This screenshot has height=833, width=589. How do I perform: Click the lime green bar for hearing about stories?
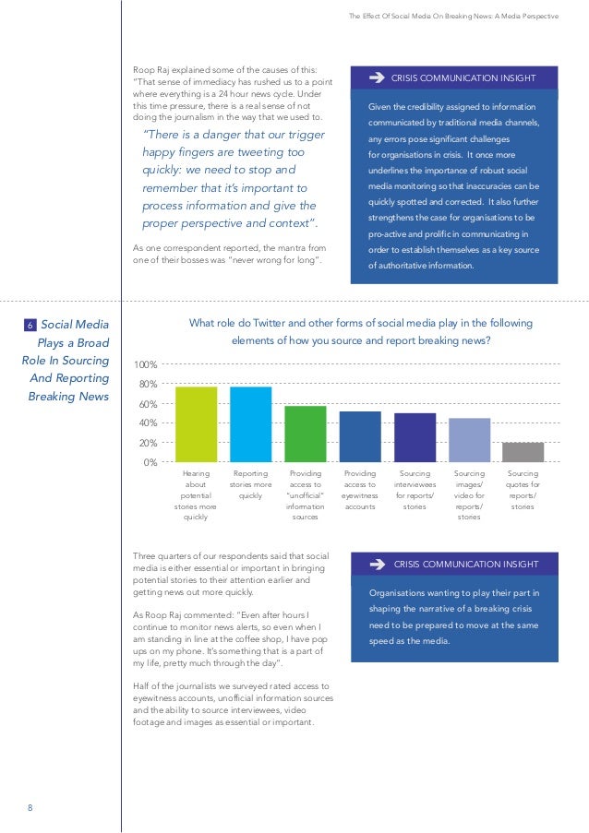tap(196, 424)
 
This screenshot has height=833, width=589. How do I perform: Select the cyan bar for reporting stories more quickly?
tap(250, 424)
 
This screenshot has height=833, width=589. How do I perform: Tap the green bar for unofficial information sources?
tap(305, 434)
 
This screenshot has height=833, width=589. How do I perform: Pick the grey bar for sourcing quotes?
tap(523, 452)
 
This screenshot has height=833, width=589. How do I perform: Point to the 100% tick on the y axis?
tap(145, 365)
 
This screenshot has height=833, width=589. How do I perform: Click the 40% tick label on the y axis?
tap(148, 423)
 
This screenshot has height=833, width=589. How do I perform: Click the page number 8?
tap(30, 808)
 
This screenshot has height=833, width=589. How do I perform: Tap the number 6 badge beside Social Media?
tap(30, 324)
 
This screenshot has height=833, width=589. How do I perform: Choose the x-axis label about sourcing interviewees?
tap(415, 489)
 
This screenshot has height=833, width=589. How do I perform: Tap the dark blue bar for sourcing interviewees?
tap(415, 437)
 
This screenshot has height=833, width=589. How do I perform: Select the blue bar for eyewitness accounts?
tap(360, 436)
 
